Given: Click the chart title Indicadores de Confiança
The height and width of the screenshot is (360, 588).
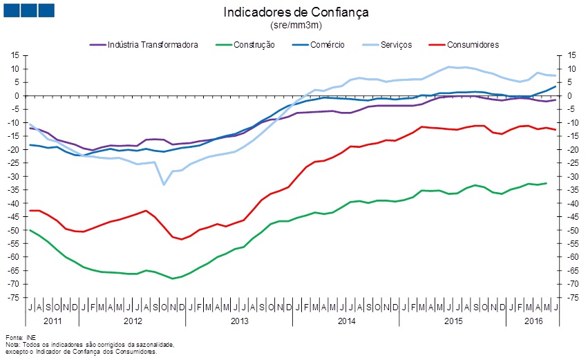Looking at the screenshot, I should coord(296,12).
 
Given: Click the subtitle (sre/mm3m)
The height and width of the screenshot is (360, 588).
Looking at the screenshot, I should coord(296,25).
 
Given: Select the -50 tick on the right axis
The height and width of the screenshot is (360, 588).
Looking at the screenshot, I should coord(572,230).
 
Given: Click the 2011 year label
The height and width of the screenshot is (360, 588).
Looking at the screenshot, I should coord(53,321).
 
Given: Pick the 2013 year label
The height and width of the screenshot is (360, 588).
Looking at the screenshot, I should coord(240,321).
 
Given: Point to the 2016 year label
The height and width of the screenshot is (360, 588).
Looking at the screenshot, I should coord(533,321).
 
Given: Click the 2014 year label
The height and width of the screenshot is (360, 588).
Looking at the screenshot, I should coord(346,321).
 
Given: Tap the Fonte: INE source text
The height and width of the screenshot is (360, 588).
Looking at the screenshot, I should coord(18,337).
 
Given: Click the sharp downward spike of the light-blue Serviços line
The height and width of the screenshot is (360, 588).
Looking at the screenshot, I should coord(164,184).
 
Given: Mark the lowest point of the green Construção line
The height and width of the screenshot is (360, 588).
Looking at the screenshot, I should coord(173,278).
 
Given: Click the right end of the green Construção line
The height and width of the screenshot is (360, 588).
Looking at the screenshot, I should coord(546,183).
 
